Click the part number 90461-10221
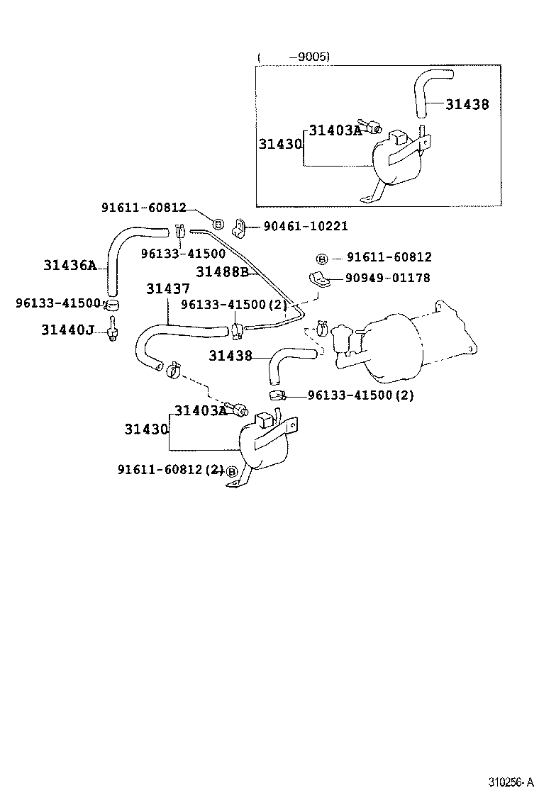coord(306,226)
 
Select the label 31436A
coord(69,265)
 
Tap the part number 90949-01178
coord(388,278)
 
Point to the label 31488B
coord(221,271)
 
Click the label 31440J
coord(67,330)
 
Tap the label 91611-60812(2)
coord(170,469)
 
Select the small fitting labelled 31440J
coord(111,330)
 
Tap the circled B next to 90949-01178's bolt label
coord(321,258)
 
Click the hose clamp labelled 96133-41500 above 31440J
coord(111,305)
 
